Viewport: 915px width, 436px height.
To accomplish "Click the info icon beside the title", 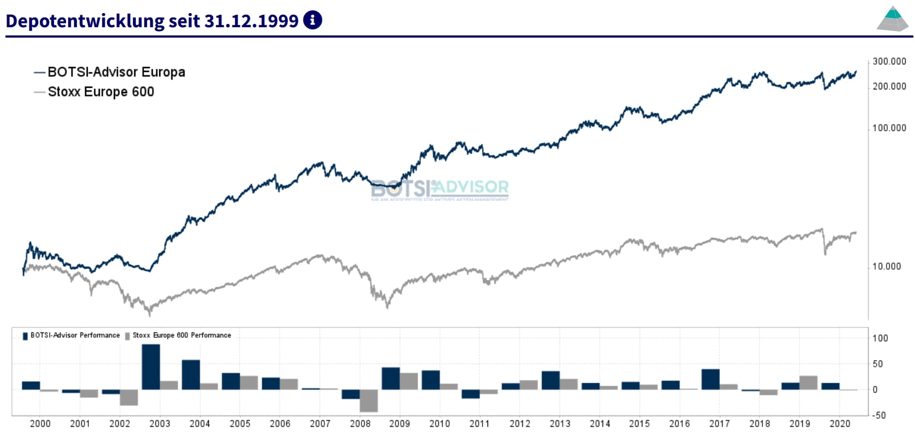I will click(x=312, y=20).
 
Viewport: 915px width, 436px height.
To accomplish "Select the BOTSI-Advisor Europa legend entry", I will click(x=116, y=72).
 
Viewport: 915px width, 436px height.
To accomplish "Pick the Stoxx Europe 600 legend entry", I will click(x=100, y=92).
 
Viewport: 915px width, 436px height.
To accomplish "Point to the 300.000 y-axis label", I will click(x=889, y=62).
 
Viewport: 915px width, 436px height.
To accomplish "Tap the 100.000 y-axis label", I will click(x=889, y=128).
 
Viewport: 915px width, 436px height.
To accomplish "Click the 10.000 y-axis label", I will click(x=887, y=267).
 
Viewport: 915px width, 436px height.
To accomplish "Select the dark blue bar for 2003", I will click(x=151, y=367).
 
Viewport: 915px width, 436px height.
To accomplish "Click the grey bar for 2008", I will click(x=369, y=401).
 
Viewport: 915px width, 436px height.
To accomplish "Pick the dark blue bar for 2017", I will click(x=711, y=379).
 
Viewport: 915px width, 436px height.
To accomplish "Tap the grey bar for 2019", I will click(x=809, y=383).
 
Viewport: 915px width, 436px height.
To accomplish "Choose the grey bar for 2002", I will click(x=129, y=397).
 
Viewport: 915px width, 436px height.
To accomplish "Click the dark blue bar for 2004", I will click(x=191, y=374).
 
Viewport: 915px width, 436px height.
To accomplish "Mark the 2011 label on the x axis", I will click(x=479, y=423).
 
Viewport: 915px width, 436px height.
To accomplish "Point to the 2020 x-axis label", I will click(x=840, y=423).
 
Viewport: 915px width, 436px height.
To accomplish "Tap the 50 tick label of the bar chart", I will click(x=877, y=364).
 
